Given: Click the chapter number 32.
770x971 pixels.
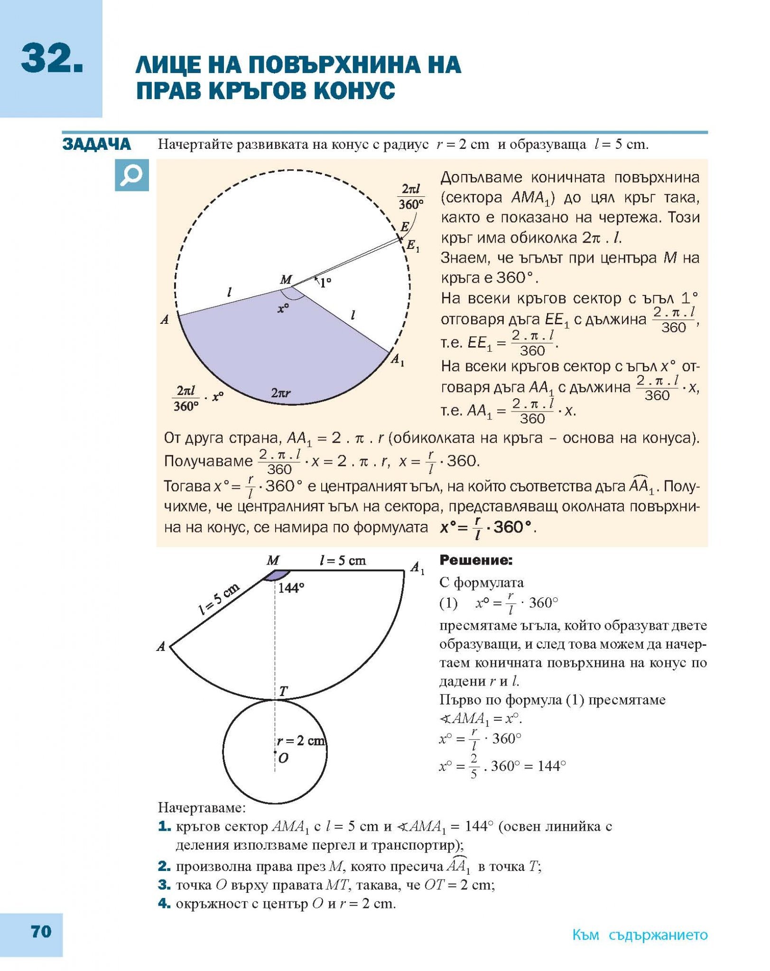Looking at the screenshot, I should tap(52, 59).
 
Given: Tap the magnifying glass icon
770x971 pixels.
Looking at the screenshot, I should tap(132, 175).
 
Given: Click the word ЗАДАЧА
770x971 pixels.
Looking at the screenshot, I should tap(97, 144).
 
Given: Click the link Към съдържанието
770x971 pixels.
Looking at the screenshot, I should tap(640, 935).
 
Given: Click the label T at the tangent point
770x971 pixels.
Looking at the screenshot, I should tap(283, 691).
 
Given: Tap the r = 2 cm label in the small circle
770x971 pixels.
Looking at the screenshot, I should tap(301, 741).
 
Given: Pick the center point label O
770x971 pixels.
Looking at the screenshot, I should tap(283, 758).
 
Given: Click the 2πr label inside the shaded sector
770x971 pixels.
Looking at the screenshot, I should tap(281, 393).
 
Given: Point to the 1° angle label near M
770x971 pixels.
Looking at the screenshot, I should tap(325, 284).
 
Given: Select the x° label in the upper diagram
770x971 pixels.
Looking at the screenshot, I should tap(283, 309).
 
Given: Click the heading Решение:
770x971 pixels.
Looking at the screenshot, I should tap(476, 560).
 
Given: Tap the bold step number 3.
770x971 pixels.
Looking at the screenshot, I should tap(164, 885).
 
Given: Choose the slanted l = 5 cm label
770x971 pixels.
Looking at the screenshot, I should tap(219, 599).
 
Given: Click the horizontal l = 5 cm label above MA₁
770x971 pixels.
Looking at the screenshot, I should tap(343, 561).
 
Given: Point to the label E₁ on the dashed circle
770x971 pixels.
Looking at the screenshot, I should tap(413, 246).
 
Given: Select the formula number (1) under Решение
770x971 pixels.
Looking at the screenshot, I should tap(448, 603).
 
